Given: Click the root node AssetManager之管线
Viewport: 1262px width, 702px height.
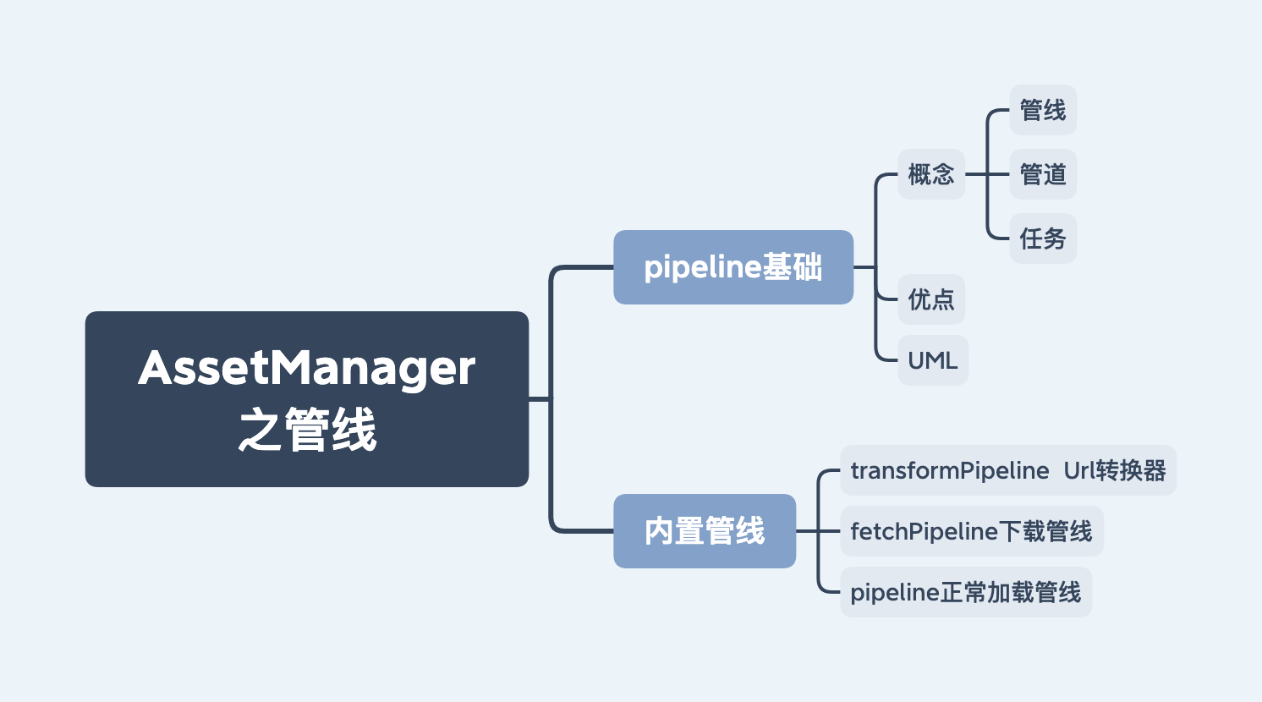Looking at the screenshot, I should [306, 398].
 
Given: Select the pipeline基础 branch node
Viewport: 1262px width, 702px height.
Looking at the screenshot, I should [733, 267].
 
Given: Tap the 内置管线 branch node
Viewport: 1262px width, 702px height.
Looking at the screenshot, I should [704, 531].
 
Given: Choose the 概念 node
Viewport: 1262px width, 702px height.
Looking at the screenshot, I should [930, 174].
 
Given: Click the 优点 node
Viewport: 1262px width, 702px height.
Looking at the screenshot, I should [930, 299].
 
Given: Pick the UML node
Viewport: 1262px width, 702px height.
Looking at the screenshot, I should [932, 360].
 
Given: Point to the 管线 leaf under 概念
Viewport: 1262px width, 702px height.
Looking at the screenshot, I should [1042, 110].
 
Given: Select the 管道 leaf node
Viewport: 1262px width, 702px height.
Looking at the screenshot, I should [1042, 174].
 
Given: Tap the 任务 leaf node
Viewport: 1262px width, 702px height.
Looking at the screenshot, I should [1042, 239].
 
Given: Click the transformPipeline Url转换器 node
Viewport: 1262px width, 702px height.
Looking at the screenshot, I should [1007, 470].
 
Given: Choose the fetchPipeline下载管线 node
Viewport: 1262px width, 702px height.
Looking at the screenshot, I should [971, 531].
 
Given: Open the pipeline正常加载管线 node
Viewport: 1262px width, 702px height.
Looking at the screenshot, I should [965, 592].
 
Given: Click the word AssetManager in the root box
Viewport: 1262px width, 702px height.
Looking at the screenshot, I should [306, 368].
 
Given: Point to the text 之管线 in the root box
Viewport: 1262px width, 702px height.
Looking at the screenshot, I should [306, 430].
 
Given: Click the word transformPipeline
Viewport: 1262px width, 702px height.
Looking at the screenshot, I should [949, 470].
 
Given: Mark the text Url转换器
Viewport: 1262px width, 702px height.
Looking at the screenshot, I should [1115, 470].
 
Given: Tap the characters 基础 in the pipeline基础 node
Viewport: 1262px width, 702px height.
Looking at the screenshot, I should [793, 267].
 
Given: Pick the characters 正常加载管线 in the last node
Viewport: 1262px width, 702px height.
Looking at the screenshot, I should [1011, 592].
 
